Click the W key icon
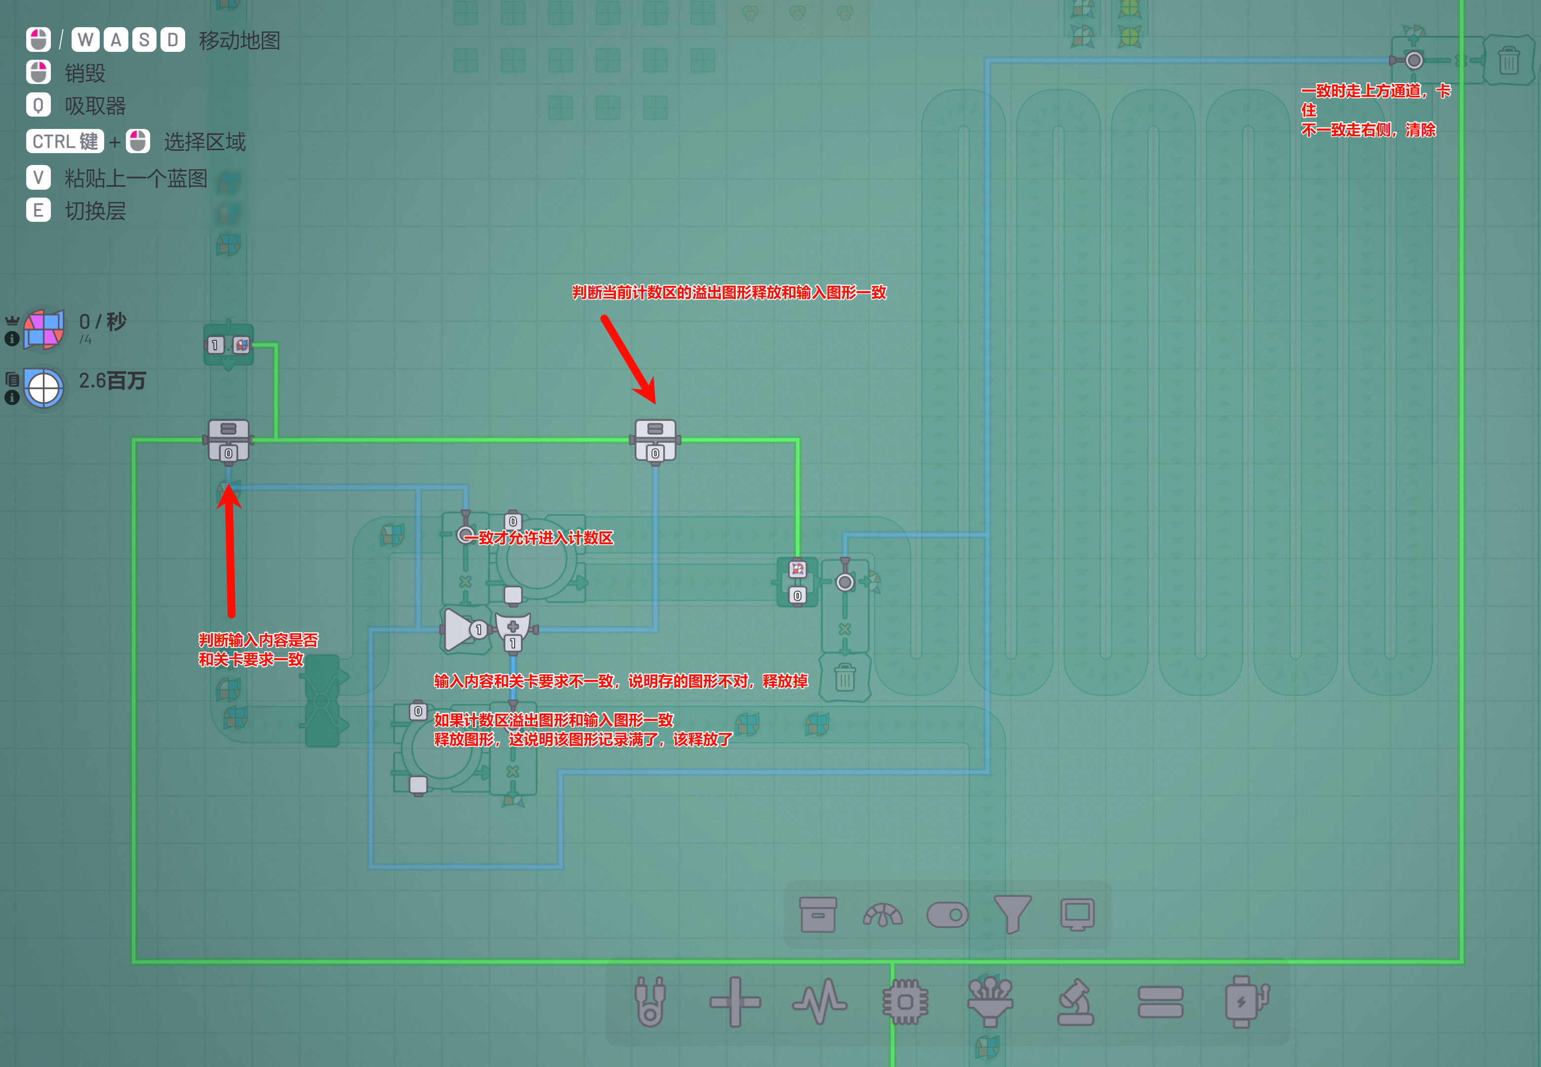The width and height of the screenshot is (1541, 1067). [85, 40]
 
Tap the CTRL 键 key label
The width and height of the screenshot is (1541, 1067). [65, 141]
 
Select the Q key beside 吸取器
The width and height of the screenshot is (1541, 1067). [38, 105]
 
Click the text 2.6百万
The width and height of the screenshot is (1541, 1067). [112, 381]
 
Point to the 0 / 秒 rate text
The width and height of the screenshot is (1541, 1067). [102, 322]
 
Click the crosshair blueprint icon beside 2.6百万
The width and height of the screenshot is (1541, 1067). [44, 388]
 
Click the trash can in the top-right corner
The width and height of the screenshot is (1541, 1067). [1508, 60]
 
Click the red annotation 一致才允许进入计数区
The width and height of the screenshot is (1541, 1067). [538, 537]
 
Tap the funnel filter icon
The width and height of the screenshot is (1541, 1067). [1012, 914]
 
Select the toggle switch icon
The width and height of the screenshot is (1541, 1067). [948, 914]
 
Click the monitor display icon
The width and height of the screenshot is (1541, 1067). [1077, 914]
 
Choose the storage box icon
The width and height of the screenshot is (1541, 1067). [818, 914]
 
